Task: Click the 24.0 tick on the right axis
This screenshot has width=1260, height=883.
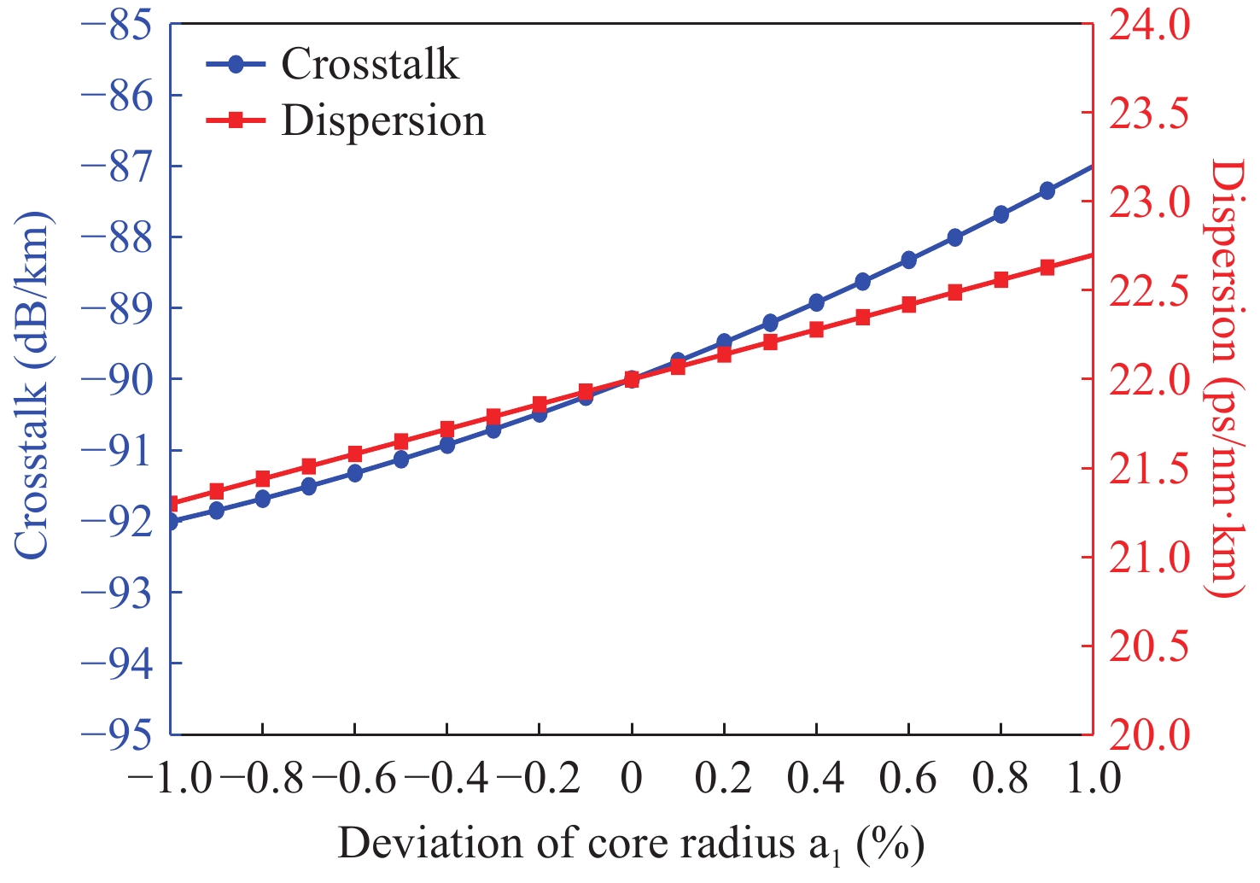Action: click(1148, 26)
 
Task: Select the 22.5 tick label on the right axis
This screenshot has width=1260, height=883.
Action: click(1148, 291)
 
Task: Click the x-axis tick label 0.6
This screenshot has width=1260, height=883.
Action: click(908, 779)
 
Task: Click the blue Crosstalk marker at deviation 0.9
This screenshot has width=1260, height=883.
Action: click(1047, 190)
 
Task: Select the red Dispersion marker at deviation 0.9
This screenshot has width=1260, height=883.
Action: click(1047, 267)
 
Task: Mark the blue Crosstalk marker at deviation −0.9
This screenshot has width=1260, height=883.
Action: click(217, 511)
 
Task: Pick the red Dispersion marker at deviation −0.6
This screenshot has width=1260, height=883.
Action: click(355, 454)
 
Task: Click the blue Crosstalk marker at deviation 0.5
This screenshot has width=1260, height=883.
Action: click(862, 282)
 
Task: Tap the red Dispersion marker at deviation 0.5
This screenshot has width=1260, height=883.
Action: click(862, 318)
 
